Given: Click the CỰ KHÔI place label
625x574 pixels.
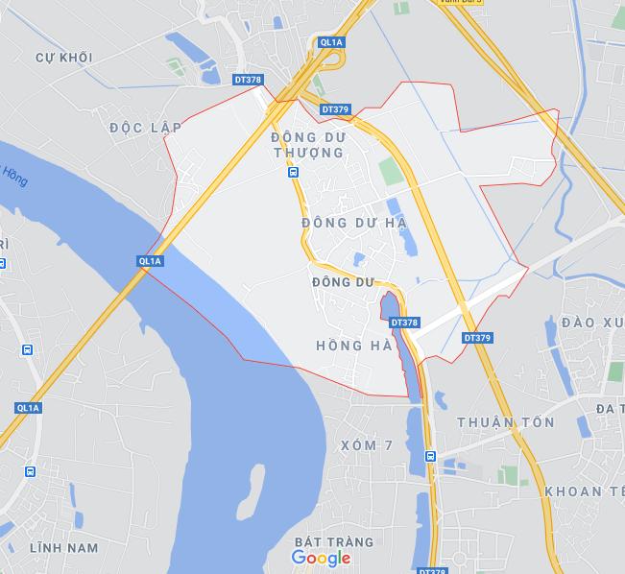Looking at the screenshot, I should [x=63, y=58].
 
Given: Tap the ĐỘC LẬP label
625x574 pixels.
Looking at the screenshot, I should [x=145, y=128].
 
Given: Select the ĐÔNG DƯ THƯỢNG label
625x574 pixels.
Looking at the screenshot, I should [x=307, y=145].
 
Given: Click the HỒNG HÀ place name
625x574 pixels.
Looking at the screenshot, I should [x=353, y=346].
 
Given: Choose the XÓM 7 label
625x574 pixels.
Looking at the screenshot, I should [x=367, y=445].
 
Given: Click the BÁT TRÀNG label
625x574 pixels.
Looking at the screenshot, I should [x=321, y=542].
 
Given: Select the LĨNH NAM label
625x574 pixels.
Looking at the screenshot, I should [x=64, y=547].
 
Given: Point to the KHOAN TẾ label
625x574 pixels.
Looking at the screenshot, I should [x=584, y=491].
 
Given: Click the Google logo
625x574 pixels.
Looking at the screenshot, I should [x=321, y=558].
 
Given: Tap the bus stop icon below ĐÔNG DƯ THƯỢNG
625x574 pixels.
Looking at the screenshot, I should [x=292, y=173].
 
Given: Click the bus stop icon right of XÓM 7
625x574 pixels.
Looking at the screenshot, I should [x=431, y=456].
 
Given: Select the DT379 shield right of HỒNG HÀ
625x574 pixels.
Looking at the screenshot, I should [x=477, y=338].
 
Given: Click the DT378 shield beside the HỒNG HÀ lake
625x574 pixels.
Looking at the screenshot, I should [x=405, y=323].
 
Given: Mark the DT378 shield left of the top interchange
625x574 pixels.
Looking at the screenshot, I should [x=248, y=81].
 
